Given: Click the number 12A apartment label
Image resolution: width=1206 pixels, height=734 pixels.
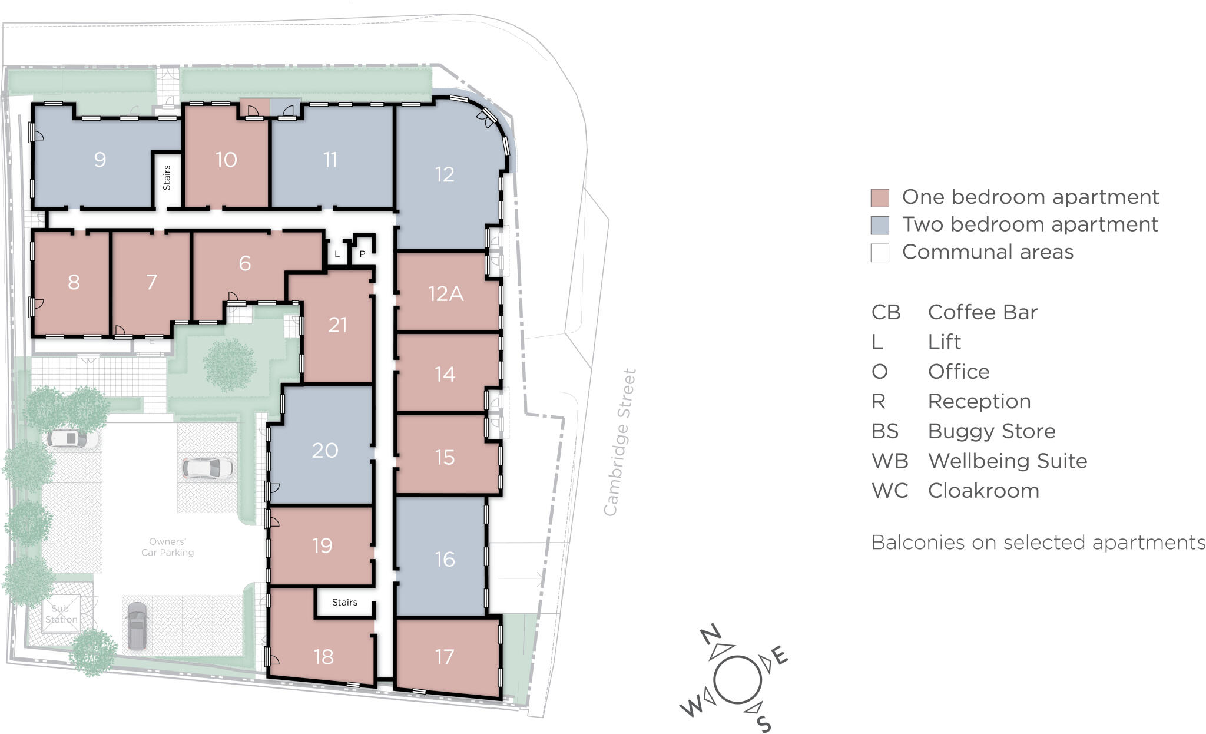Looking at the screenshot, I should (446, 293).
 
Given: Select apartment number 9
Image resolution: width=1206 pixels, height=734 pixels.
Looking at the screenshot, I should (100, 159).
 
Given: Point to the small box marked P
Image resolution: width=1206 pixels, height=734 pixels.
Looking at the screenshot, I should (362, 254).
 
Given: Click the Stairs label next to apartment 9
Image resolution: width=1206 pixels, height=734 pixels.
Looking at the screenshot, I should (167, 178).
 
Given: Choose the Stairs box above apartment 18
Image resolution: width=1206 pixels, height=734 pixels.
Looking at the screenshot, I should (344, 602).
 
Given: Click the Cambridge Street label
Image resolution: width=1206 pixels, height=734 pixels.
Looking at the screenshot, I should (621, 442).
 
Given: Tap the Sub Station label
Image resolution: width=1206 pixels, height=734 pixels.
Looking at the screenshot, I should (61, 614).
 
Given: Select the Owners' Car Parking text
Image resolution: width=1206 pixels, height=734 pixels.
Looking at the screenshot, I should (168, 547).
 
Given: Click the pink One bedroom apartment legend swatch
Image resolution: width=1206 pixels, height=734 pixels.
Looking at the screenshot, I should (880, 197).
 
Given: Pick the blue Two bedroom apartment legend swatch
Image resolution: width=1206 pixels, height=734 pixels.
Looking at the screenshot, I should (880, 225).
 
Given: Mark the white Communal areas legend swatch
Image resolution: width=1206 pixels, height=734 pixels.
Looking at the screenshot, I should (880, 253).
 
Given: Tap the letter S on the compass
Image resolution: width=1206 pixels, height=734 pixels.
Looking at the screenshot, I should (763, 723).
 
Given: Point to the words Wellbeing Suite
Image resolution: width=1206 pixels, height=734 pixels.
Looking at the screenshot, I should (1008, 461).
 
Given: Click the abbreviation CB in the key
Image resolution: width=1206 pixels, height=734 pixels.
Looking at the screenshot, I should (886, 312).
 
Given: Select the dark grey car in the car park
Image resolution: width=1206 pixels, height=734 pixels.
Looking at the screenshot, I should (137, 626).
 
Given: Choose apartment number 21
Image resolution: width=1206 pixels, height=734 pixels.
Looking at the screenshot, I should (337, 325).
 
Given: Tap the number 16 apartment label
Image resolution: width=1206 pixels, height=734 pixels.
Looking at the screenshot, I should (445, 558).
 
